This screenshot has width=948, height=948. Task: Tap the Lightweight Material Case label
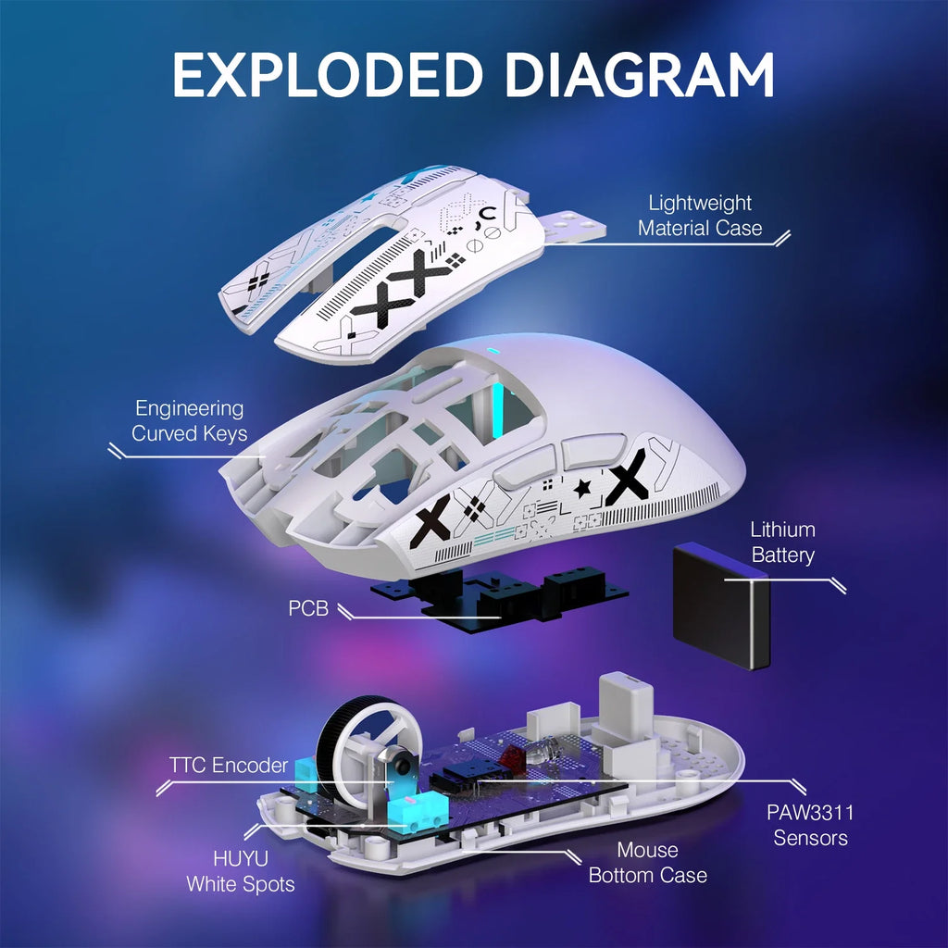pyautogui.click(x=700, y=215)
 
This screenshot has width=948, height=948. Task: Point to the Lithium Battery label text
pyautogui.click(x=782, y=543)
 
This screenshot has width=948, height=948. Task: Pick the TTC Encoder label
pyautogui.click(x=228, y=765)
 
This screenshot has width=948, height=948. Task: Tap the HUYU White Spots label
pyautogui.click(x=241, y=871)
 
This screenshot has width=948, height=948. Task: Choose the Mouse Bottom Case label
pyautogui.click(x=647, y=862)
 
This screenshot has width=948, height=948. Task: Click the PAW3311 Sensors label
pyautogui.click(x=810, y=825)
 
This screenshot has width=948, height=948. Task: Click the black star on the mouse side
pyautogui.click(x=582, y=488)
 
